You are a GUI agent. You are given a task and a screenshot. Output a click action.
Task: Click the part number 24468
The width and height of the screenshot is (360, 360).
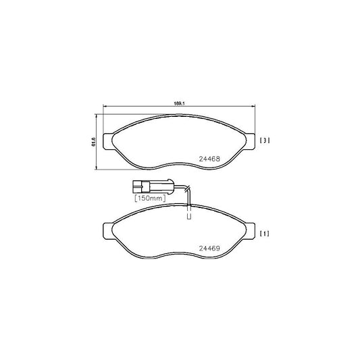[209, 159]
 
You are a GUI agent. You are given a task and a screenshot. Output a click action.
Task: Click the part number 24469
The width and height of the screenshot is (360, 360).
[209, 248]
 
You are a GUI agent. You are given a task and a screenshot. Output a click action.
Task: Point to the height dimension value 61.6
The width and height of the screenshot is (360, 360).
[93, 140]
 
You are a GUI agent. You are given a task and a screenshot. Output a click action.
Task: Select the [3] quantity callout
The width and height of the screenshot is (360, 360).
[265, 140]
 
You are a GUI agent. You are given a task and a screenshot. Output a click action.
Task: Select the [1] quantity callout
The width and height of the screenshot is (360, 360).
[265, 234]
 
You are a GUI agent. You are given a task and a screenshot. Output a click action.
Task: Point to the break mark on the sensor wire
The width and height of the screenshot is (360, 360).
[190, 190]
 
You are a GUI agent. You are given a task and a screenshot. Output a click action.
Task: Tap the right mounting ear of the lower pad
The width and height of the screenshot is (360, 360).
[249, 228]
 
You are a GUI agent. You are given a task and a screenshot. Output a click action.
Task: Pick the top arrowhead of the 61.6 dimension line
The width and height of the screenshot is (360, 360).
[99, 115]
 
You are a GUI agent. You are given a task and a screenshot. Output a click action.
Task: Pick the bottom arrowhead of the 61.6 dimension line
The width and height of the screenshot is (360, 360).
[99, 168]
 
